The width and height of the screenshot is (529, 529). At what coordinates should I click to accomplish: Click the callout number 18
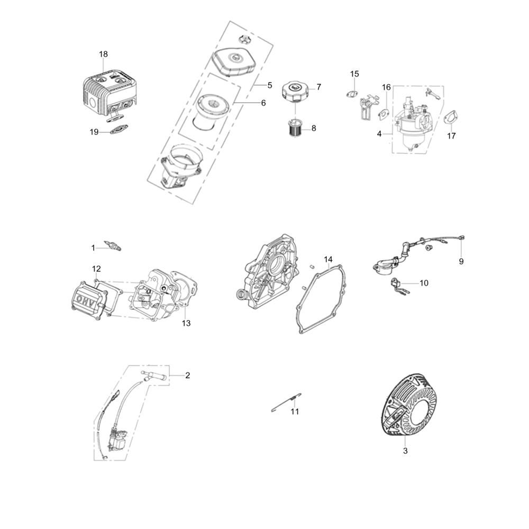[x=103, y=54]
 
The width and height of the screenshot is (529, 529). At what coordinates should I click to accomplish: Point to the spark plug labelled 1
[x=112, y=245]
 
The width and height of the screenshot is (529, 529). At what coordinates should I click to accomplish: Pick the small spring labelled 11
[x=286, y=402]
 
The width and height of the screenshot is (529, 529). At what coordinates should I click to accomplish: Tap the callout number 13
[x=186, y=323]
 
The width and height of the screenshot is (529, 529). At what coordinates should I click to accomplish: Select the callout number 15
[x=354, y=74]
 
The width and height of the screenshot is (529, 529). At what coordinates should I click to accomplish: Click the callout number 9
[x=461, y=261]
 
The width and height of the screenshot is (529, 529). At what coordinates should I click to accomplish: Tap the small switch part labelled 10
[x=397, y=285]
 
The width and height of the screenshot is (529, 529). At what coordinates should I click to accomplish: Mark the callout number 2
[x=188, y=375]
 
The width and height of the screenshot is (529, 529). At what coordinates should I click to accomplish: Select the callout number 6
[x=263, y=103]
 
